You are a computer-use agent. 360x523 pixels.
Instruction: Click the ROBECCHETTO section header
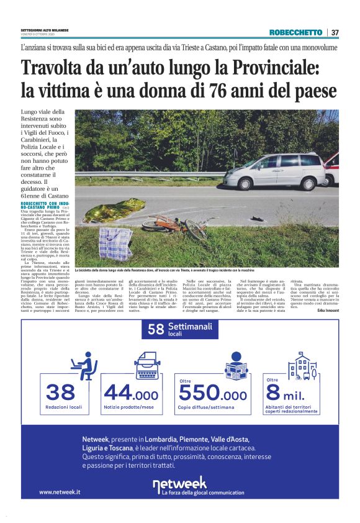[295, 32]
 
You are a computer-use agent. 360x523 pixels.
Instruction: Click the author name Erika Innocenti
[328, 310]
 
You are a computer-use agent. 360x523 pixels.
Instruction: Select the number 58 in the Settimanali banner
[156, 330]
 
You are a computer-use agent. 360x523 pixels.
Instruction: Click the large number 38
[60, 393]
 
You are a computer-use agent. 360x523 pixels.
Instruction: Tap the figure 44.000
[131, 393]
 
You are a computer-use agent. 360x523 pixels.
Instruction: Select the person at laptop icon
[84, 366]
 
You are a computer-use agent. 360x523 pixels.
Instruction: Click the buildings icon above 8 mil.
[304, 365]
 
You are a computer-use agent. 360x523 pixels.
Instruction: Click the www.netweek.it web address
[60, 492]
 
